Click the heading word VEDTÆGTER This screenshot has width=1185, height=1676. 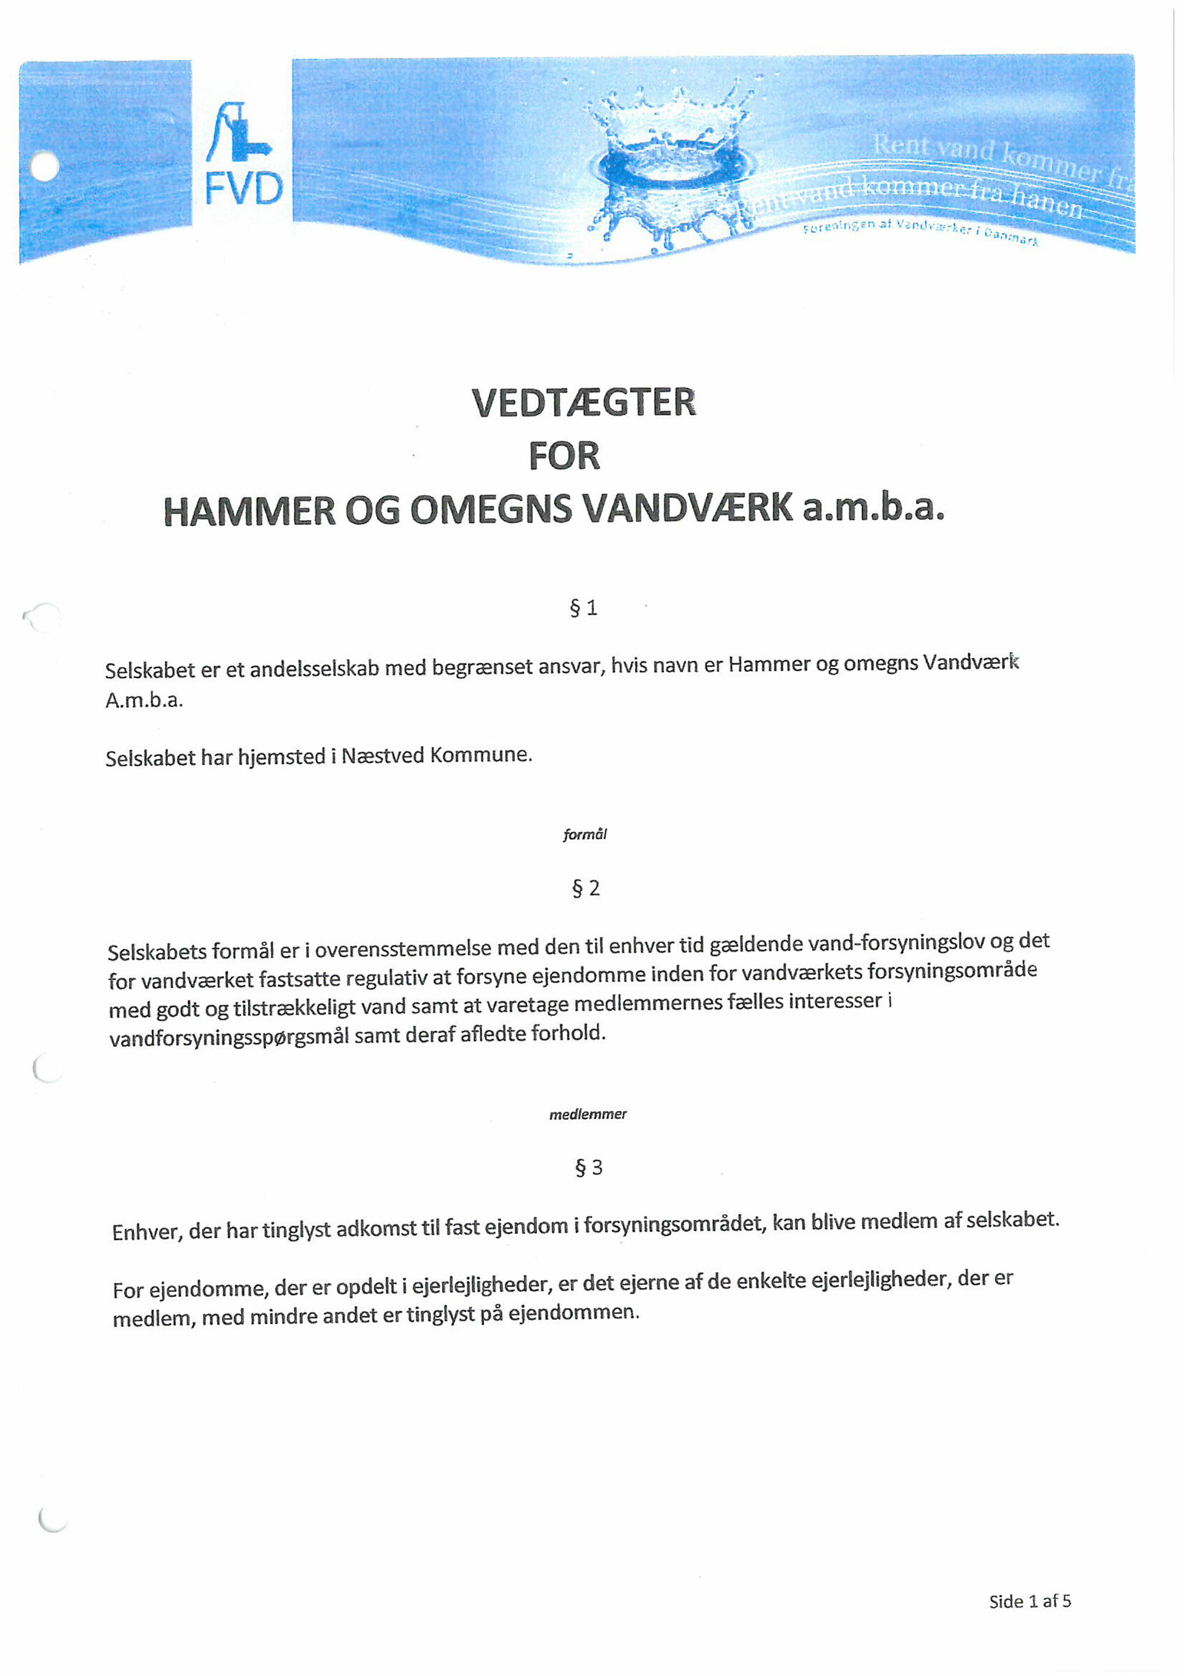[584, 403]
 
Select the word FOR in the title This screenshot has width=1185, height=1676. [564, 456]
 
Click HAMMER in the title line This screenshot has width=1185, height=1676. [249, 510]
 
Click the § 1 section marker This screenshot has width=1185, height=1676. [584, 608]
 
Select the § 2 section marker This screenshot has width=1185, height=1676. [586, 889]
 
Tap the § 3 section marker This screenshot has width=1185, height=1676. [589, 1168]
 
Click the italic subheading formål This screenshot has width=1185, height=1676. [584, 834]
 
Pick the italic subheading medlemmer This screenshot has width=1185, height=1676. [588, 1115]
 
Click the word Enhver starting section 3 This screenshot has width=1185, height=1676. [147, 1232]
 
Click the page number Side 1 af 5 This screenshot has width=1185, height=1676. [1029, 1601]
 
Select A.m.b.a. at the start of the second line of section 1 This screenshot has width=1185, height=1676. [144, 701]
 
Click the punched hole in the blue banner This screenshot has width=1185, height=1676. [45, 167]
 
